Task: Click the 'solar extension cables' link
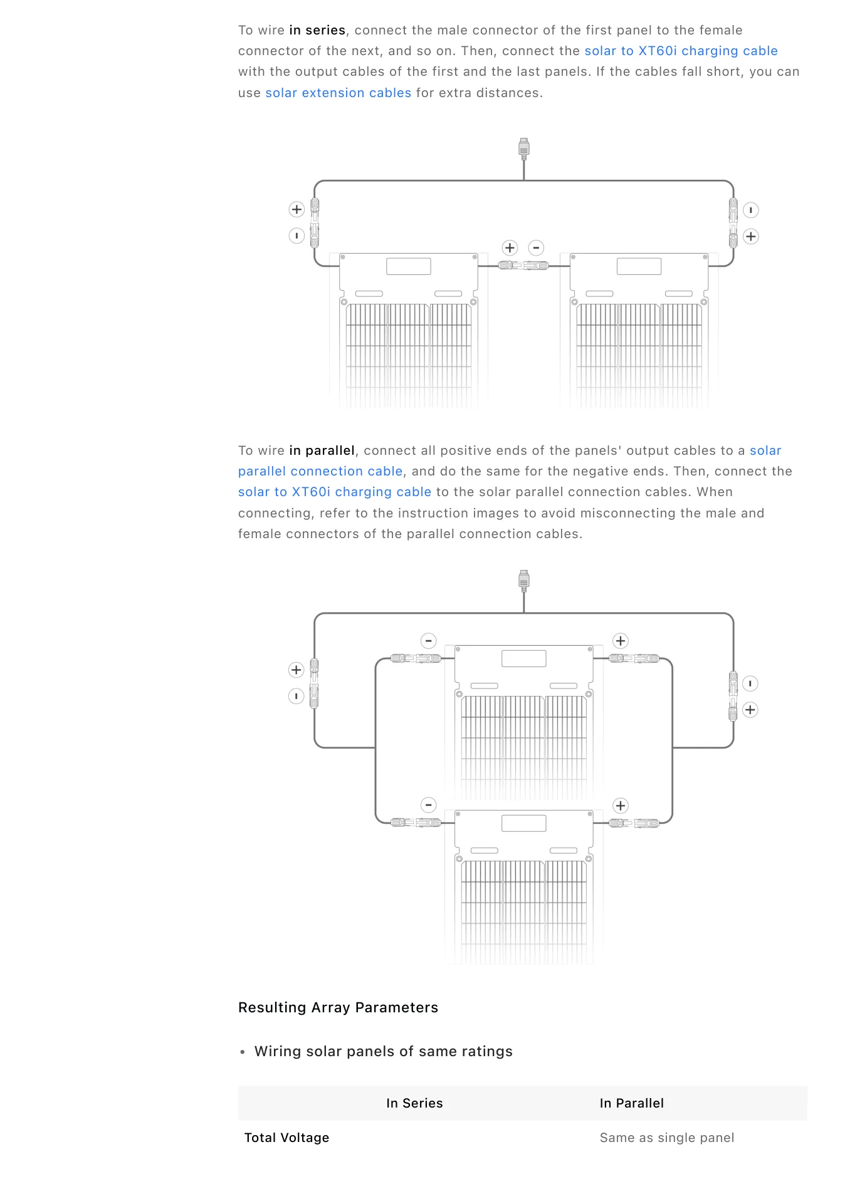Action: click(339, 93)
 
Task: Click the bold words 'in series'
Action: click(317, 30)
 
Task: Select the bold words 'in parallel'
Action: click(322, 450)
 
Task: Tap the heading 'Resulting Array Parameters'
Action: click(338, 1007)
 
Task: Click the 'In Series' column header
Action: click(414, 1103)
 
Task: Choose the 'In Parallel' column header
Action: click(631, 1103)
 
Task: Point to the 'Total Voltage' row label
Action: click(286, 1138)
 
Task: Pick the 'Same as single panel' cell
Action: click(667, 1138)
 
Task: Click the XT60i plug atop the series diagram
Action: click(524, 148)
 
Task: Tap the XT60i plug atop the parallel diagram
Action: click(524, 580)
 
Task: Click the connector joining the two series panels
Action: click(523, 266)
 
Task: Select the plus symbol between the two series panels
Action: click(510, 247)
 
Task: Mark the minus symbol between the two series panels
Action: click(536, 247)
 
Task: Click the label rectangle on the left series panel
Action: click(409, 266)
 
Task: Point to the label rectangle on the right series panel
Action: click(639, 266)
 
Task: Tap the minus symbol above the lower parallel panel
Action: click(428, 805)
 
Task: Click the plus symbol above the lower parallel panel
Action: click(621, 806)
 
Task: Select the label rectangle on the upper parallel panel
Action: click(524, 658)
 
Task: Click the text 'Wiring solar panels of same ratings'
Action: click(384, 1051)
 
